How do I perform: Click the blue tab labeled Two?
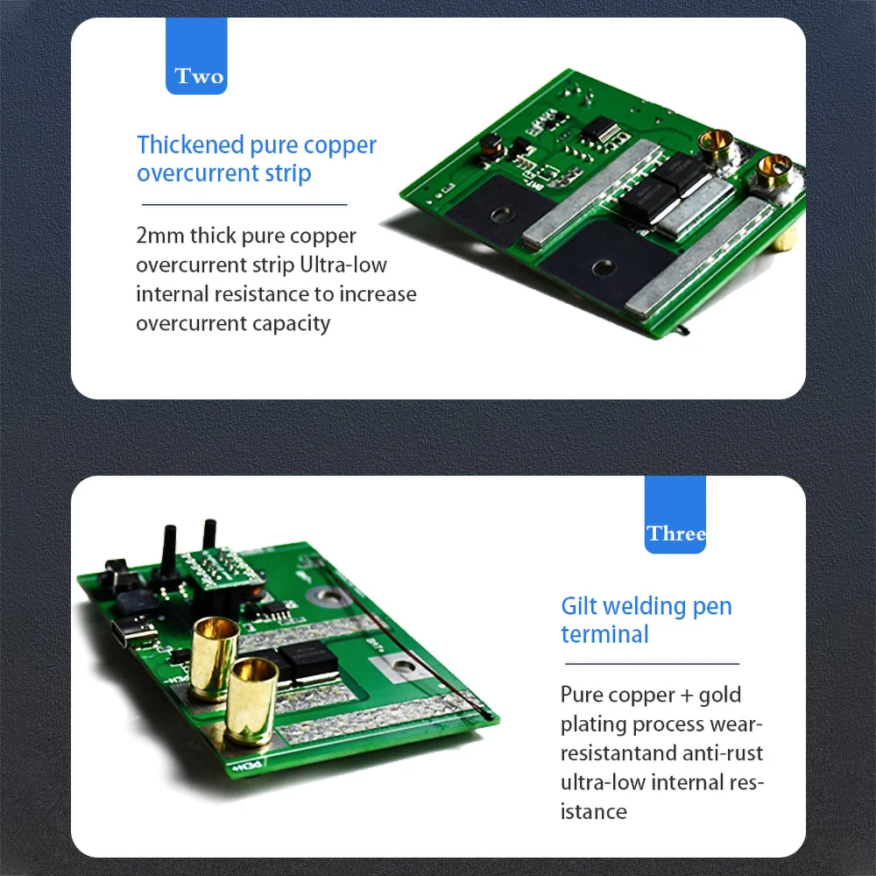(196, 56)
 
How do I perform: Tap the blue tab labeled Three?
(675, 514)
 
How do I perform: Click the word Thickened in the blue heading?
(190, 145)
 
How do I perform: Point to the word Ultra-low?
(343, 265)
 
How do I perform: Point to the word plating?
(593, 725)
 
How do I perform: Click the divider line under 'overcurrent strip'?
(244, 204)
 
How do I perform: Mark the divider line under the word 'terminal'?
(652, 664)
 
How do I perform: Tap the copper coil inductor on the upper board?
(492, 146)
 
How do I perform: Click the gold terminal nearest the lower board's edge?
(251, 702)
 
